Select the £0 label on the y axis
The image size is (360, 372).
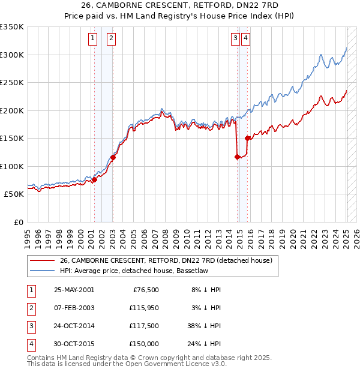18,222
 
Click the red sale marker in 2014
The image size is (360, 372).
237,157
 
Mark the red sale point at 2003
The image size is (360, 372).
113,158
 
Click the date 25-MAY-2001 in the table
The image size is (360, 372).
74,290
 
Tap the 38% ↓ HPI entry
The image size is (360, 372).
203,326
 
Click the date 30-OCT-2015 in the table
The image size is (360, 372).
74,344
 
